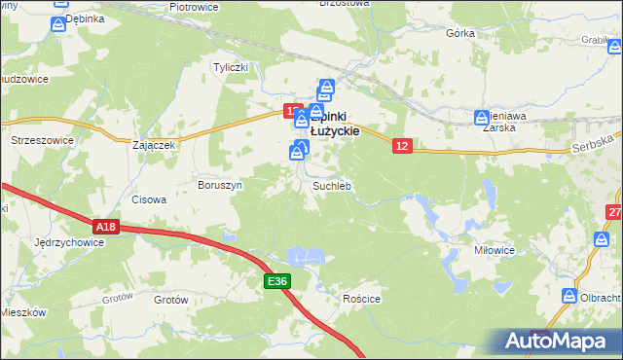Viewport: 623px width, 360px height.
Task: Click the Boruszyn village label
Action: coord(219,184)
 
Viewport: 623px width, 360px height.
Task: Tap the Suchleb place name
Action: coord(331,185)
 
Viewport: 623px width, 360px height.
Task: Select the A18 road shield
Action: coord(107,227)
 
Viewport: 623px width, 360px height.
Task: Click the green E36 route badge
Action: coord(277,281)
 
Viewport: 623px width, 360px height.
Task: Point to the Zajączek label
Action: coord(153,145)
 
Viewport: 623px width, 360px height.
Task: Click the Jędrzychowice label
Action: coord(68,241)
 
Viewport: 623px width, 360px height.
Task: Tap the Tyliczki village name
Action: coord(233,67)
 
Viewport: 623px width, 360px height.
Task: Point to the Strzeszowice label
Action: coord(42,140)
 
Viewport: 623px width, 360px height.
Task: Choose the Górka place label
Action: coord(459,33)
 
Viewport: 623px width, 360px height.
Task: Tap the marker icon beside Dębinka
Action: coord(58,24)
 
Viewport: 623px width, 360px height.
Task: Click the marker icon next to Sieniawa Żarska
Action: coord(482,119)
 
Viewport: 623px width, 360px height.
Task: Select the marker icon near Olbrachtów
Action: coord(570,295)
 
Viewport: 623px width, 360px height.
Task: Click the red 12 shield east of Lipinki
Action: coord(404,145)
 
